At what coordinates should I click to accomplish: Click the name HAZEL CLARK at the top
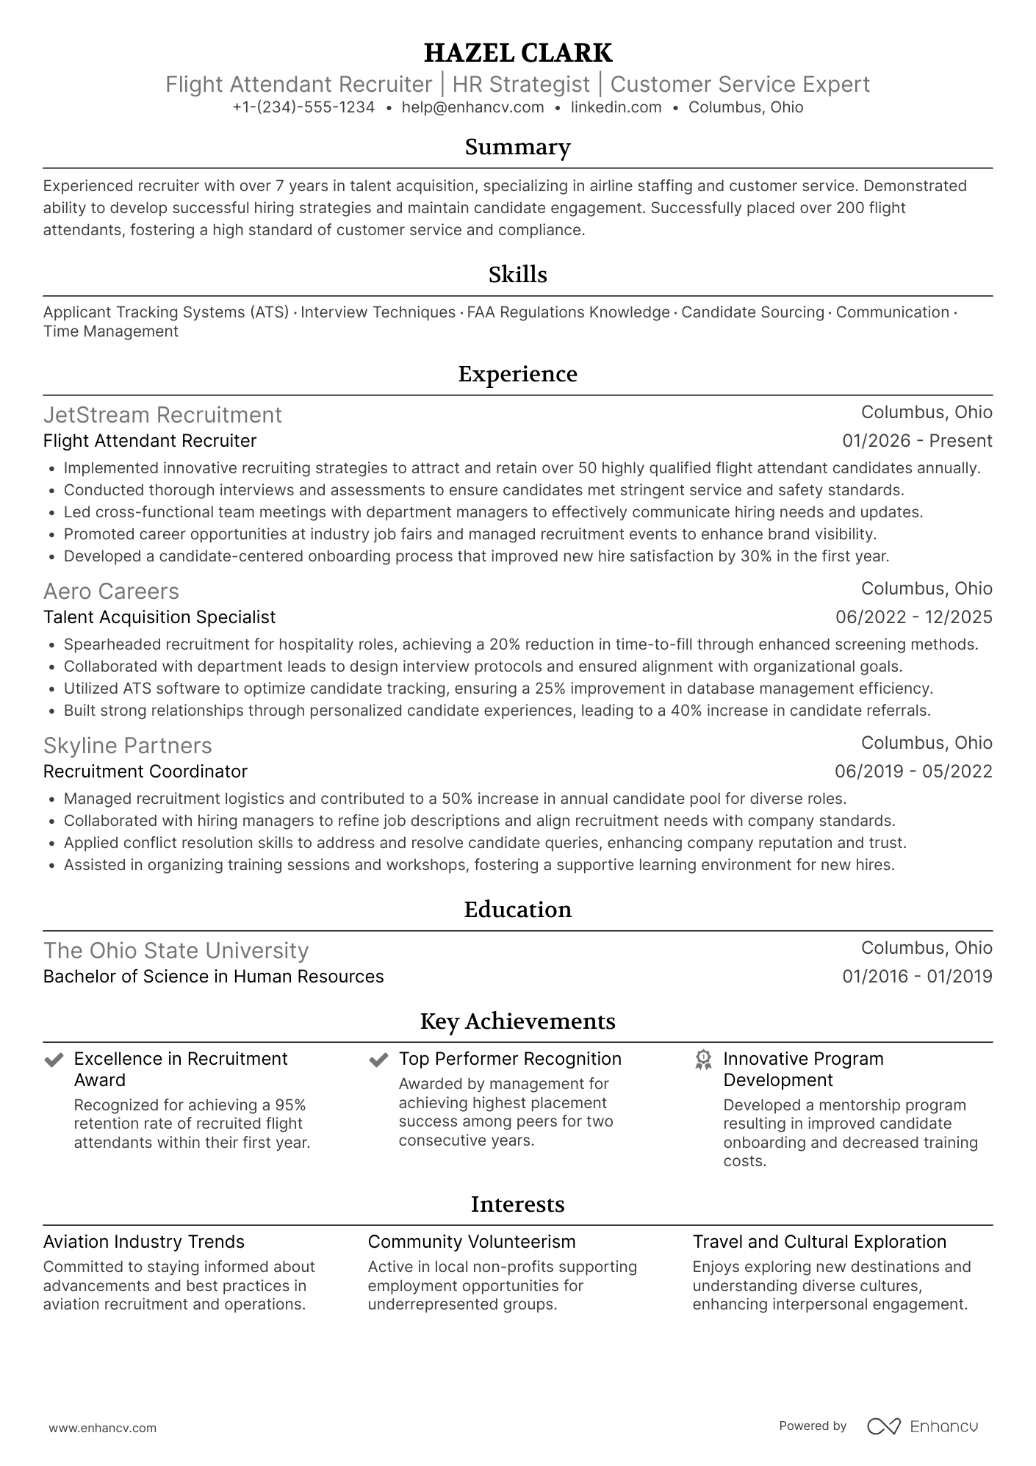517,53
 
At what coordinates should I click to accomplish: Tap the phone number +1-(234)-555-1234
303,107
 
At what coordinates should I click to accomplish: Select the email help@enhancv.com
472,107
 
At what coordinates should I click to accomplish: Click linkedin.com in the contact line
616,107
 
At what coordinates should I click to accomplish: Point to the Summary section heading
517,147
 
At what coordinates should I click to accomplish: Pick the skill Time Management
111,331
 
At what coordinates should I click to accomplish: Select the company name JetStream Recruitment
162,415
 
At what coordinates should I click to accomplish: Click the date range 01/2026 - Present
917,441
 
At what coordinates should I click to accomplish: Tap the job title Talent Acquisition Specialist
159,617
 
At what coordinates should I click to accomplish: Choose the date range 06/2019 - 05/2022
913,772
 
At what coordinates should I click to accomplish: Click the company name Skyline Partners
127,746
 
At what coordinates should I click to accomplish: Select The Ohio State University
176,951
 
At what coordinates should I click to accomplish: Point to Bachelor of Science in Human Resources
213,977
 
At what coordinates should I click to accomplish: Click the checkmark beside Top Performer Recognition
378,1060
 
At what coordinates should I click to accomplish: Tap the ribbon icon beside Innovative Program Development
703,1060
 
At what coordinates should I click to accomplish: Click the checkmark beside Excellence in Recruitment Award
54,1060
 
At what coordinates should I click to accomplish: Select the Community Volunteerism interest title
472,1242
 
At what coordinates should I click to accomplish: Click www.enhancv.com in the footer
102,1429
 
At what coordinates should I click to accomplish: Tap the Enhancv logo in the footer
923,1426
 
